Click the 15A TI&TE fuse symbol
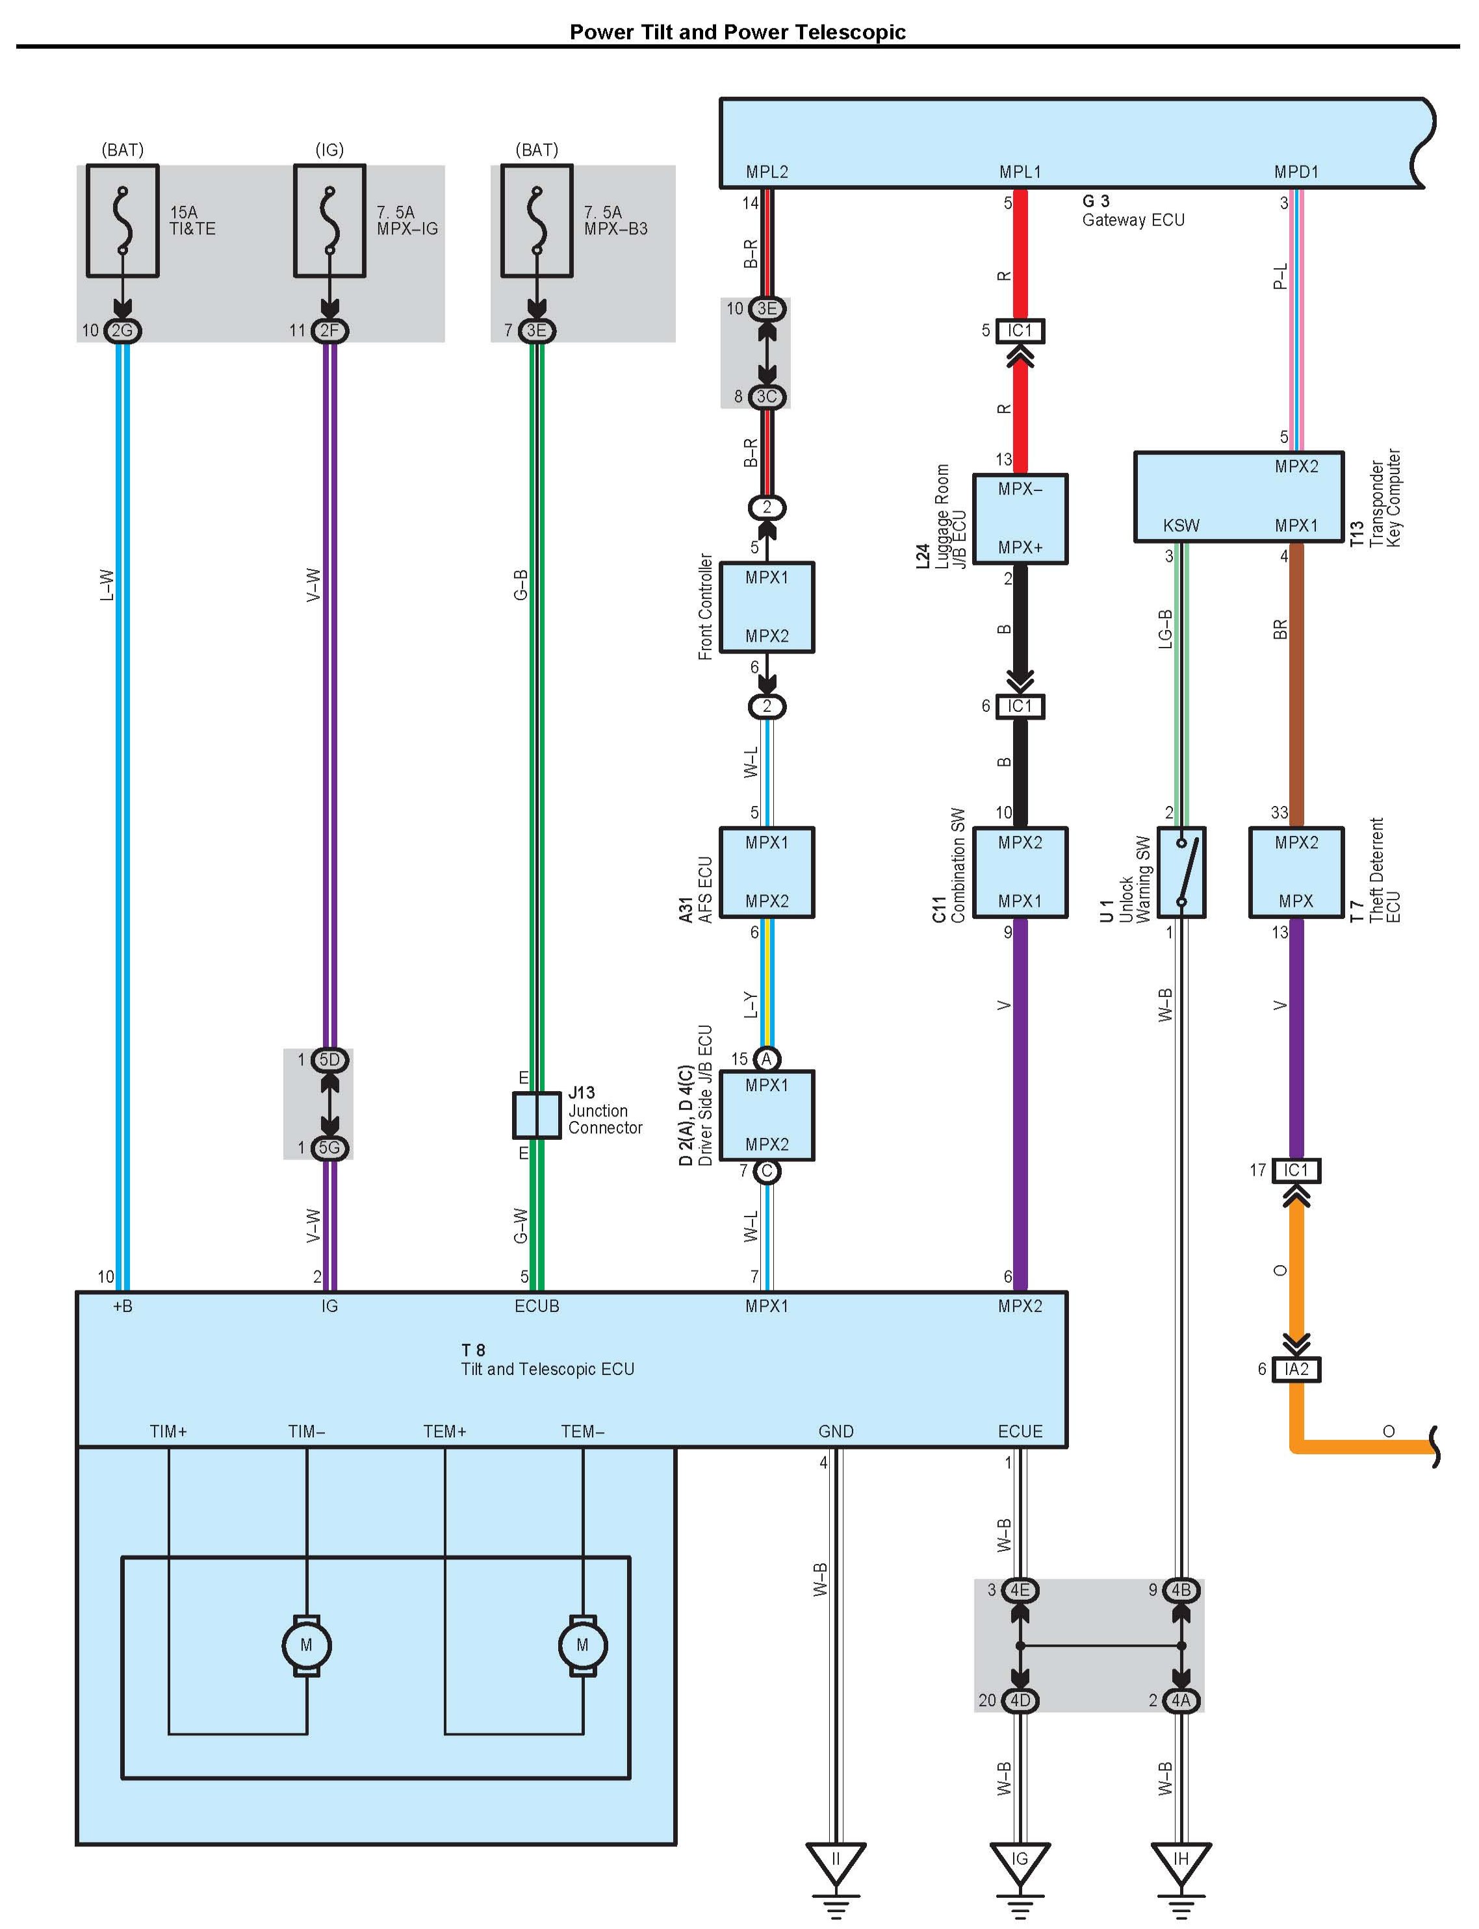tap(122, 221)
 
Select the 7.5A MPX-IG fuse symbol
tap(329, 221)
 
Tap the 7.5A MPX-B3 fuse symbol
tap(536, 221)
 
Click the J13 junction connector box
tap(536, 1115)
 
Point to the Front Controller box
tap(767, 607)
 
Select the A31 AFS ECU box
tap(767, 872)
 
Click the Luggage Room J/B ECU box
tap(1020, 518)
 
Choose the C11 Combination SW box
tap(1020, 872)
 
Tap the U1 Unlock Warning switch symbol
tap(1181, 872)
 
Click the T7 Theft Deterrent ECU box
tap(1296, 872)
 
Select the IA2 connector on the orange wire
tap(1296, 1369)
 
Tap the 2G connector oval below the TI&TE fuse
tap(122, 331)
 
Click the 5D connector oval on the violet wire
tap(329, 1059)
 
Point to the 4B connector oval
tap(1181, 1590)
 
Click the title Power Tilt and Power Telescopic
tap(738, 32)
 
